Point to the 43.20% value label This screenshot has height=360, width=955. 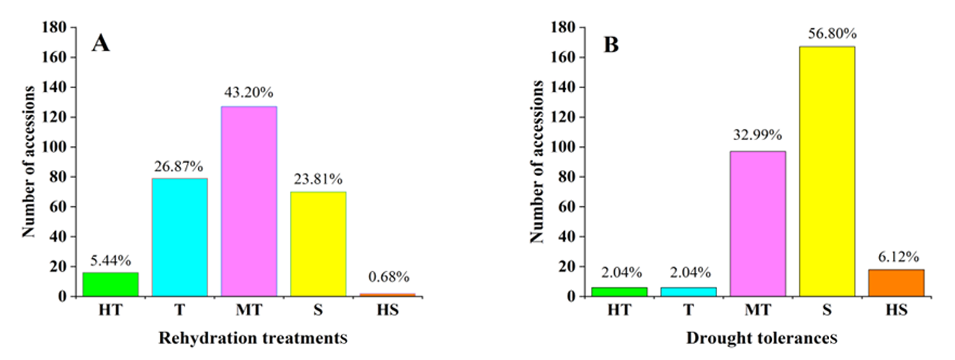tap(249, 92)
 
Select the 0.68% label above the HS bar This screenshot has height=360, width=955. tap(387, 277)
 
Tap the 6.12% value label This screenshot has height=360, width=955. tap(896, 256)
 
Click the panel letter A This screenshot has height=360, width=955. tap(100, 44)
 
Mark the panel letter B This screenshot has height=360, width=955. tap(611, 44)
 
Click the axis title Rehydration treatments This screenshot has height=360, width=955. tap(253, 339)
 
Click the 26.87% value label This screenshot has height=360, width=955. tap(179, 164)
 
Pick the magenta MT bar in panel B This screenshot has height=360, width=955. tap(758, 223)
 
